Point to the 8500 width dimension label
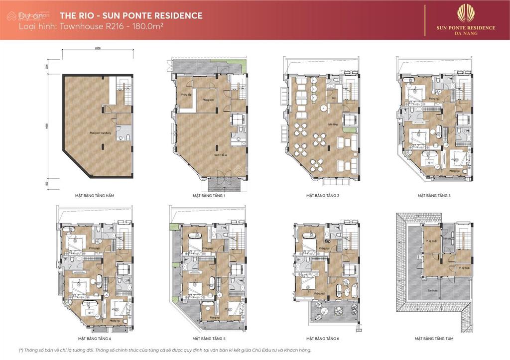98,49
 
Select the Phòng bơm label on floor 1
207,99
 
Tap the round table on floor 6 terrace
339,313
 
